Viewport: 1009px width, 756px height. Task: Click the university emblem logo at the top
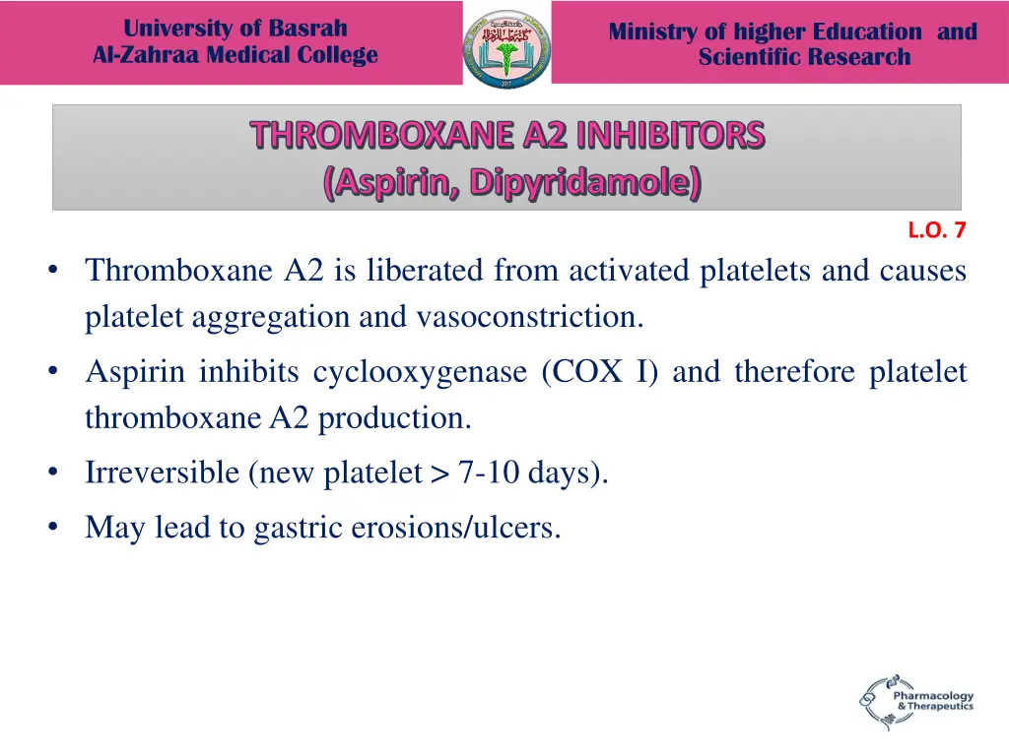506,48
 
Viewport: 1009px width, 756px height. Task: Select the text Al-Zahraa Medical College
235,55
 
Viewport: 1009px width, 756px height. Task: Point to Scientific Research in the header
804,57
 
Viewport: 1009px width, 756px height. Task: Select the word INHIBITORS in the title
670,135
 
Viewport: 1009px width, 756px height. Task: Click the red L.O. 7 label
936,231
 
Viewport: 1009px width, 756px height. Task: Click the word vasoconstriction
530,317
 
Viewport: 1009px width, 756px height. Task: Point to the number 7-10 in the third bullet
489,473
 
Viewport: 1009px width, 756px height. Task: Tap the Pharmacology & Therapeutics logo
915,701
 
